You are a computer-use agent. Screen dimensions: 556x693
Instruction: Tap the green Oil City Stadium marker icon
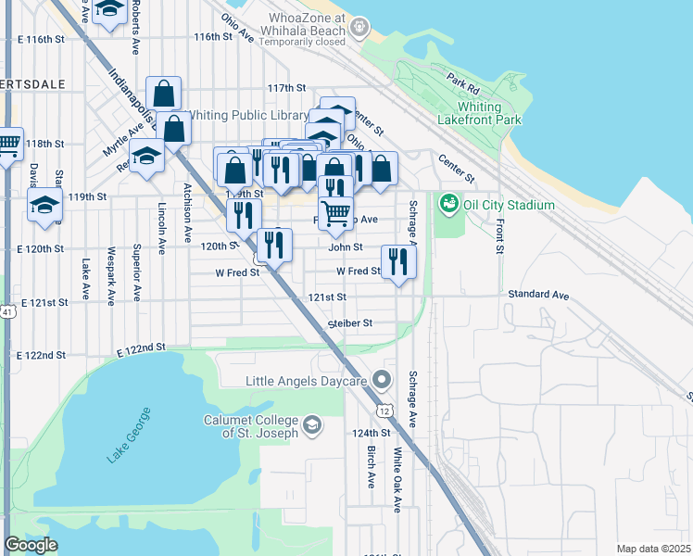tap(449, 202)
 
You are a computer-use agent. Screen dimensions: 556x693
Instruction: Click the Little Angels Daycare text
tap(307, 381)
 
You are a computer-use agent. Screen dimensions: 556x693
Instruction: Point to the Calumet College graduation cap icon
tap(313, 425)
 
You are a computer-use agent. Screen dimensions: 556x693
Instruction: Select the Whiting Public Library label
tap(248, 116)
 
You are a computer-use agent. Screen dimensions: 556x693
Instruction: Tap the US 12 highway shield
tap(382, 410)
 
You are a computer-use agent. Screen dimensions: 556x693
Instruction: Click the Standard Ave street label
tap(537, 295)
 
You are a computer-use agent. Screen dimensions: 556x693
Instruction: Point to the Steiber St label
tap(349, 323)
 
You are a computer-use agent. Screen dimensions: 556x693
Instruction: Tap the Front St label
tap(499, 235)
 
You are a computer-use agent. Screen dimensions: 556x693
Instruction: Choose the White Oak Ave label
tap(397, 480)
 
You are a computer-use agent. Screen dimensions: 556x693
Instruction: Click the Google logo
tap(31, 545)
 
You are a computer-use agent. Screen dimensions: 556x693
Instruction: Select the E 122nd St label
tap(141, 347)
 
